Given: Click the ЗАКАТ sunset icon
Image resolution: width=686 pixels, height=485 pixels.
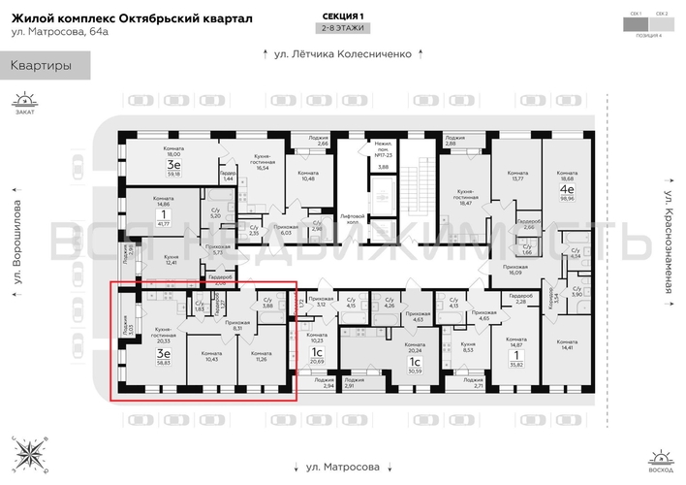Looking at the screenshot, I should (x=24, y=102).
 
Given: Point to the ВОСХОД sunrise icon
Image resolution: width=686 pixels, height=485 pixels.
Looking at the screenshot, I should (x=662, y=460).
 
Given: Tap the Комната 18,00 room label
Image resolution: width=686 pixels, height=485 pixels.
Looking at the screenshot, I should (x=173, y=153).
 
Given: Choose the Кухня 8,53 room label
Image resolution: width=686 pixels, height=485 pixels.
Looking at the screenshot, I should (x=467, y=346).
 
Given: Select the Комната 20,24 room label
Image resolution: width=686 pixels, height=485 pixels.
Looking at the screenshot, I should (x=414, y=352).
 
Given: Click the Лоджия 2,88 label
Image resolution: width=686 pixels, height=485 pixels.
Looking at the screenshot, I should (x=455, y=141).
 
